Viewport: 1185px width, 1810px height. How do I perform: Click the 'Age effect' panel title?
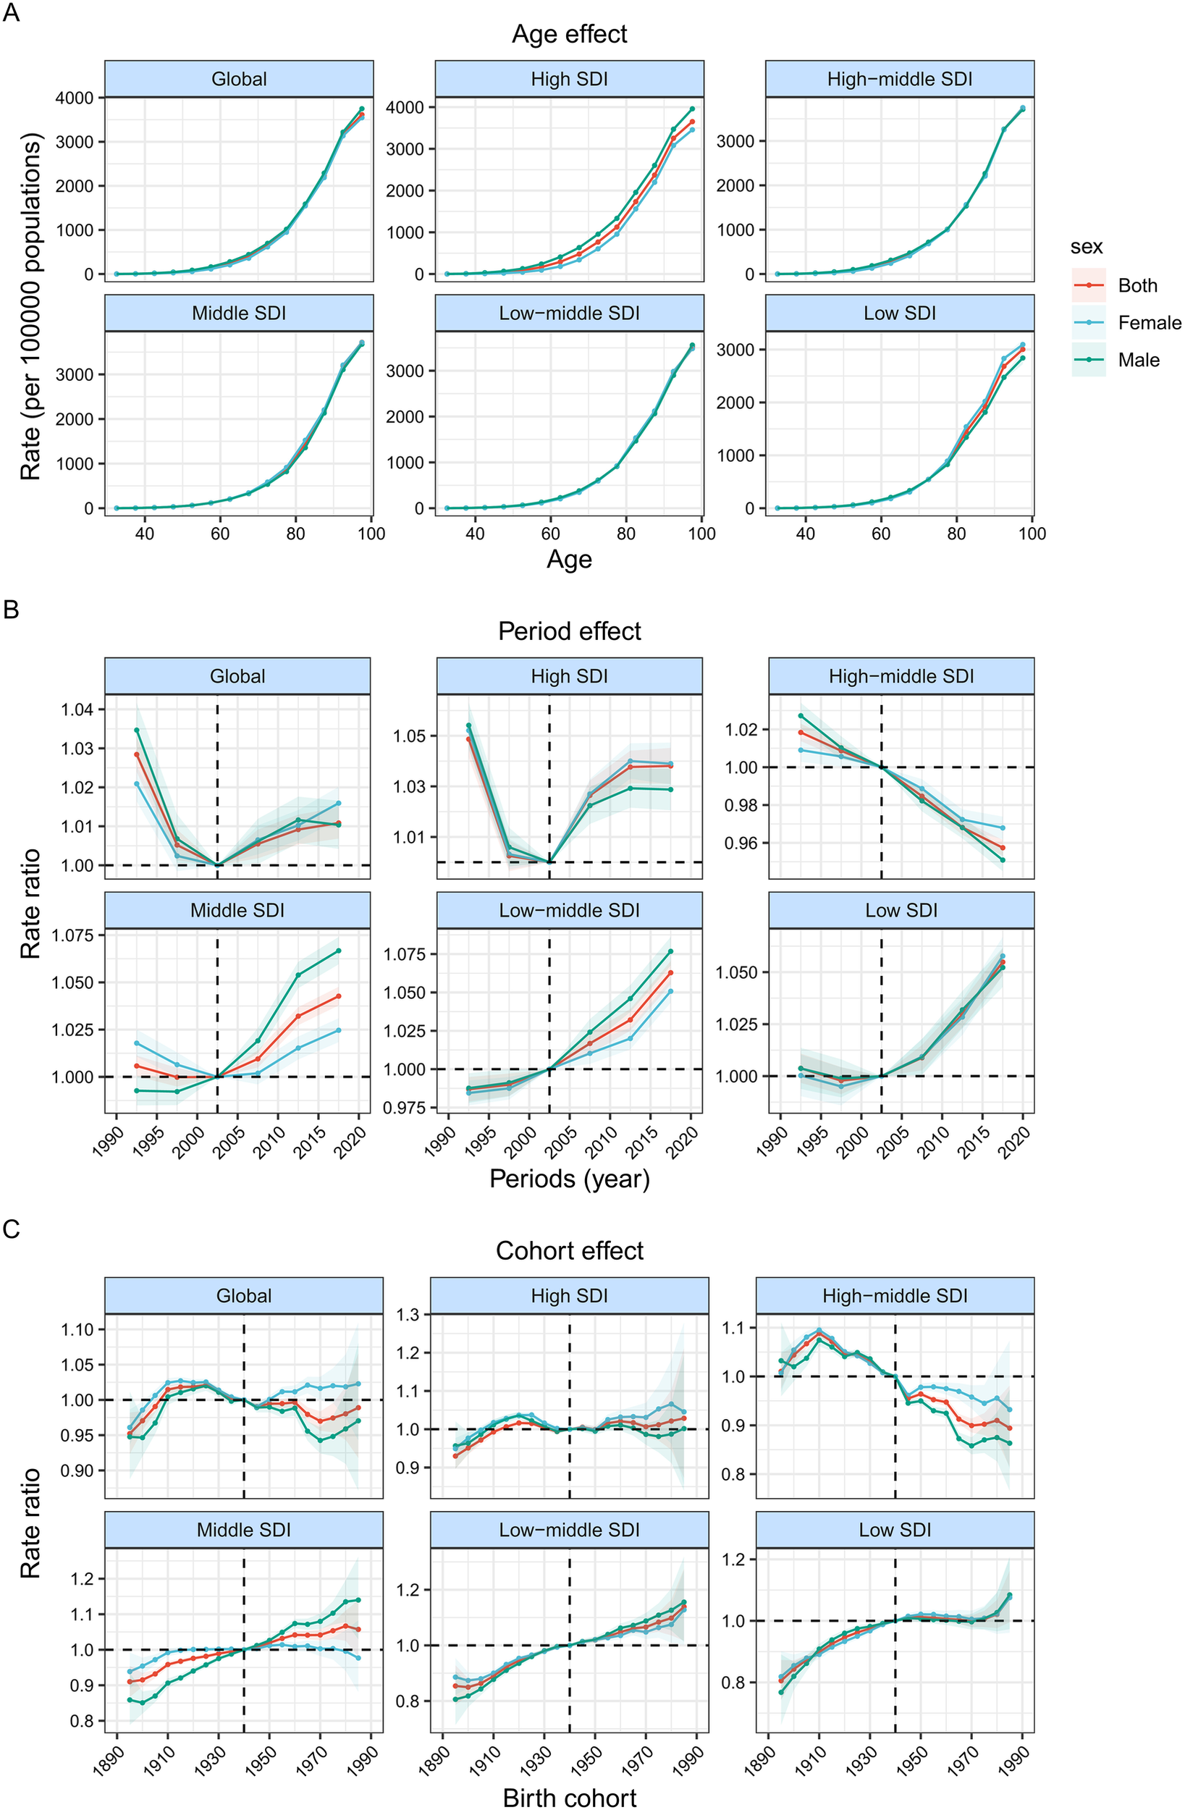[x=569, y=34]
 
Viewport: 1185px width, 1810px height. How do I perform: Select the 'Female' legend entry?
[x=1149, y=323]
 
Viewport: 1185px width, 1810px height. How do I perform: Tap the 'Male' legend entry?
[x=1138, y=361]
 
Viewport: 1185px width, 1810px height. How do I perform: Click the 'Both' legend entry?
[x=1137, y=286]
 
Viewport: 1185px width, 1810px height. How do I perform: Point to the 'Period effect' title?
[x=569, y=631]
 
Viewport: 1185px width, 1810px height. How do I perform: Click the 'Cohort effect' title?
[x=569, y=1251]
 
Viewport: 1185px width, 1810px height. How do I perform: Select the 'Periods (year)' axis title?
[x=569, y=1179]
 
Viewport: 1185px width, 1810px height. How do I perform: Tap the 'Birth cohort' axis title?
[x=569, y=1796]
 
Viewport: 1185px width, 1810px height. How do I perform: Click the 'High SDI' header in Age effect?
[x=569, y=79]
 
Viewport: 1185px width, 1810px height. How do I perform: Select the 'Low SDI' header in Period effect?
[x=901, y=910]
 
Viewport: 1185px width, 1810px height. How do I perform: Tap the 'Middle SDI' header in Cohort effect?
[x=243, y=1530]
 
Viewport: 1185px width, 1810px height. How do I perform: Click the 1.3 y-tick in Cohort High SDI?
[x=410, y=1314]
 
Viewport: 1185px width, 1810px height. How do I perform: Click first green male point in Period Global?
[x=137, y=730]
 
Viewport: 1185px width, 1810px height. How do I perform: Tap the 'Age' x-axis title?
[x=569, y=560]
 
